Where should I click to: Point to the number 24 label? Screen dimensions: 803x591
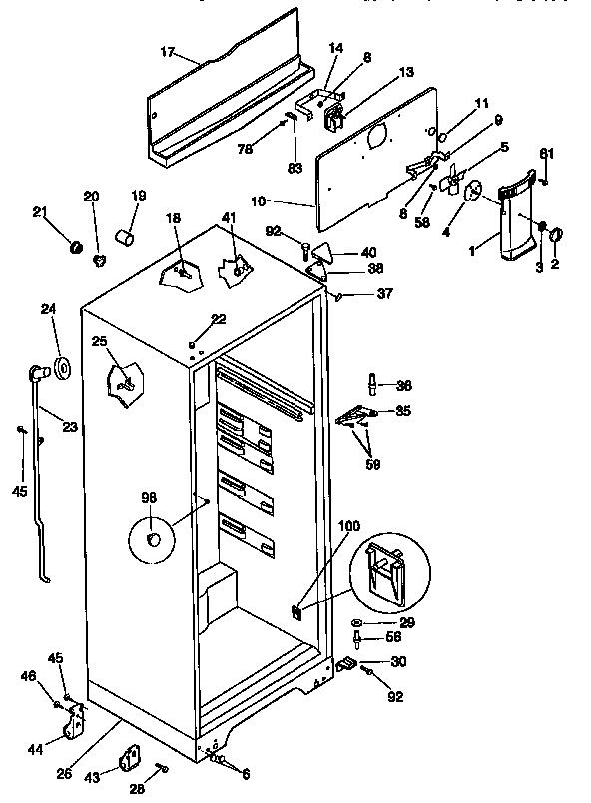pos(48,310)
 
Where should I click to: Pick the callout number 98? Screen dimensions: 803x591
pos(148,497)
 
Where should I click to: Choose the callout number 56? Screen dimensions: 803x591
pos(393,636)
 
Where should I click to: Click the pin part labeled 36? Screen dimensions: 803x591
pos(373,385)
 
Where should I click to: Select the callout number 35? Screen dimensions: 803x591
pos(402,410)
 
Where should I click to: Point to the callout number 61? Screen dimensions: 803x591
pos(546,153)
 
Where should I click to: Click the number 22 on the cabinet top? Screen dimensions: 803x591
pos(219,318)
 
